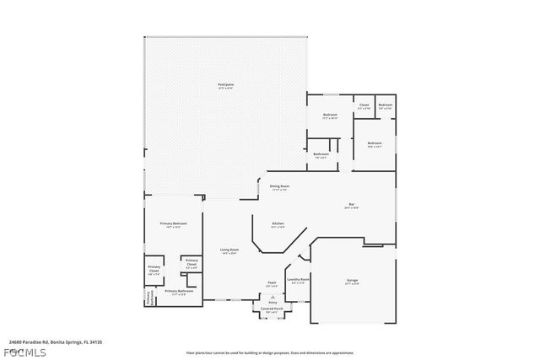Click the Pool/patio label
point(226,85)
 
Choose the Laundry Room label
point(299,280)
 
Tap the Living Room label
point(229,250)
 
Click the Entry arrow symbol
point(272,298)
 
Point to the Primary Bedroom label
point(173,224)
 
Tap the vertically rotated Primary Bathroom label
point(148,297)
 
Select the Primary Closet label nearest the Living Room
point(192,263)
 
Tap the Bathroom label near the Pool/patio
point(321,155)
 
